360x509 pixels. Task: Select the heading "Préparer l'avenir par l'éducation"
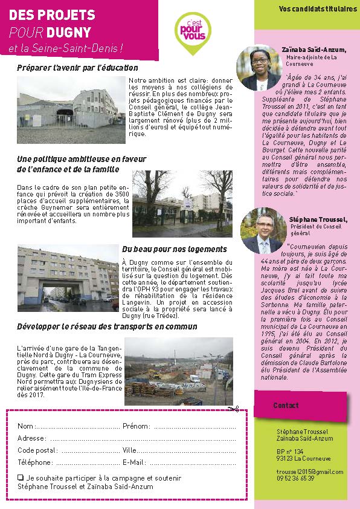click(x=78, y=68)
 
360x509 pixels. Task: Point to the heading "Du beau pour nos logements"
click(x=175, y=249)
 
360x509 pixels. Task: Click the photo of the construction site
click(x=178, y=371)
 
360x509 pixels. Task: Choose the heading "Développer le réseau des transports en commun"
click(x=108, y=326)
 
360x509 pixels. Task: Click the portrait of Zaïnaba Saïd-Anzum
click(x=255, y=67)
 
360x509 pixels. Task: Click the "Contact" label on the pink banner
click(x=286, y=405)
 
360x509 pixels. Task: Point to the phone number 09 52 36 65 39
click(x=295, y=478)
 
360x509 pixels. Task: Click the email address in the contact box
click(x=310, y=472)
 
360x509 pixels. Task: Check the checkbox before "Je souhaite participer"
click(x=21, y=478)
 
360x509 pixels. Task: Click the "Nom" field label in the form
click(x=25, y=426)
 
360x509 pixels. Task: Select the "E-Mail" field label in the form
click(x=134, y=462)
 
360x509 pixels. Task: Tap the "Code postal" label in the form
click(x=37, y=450)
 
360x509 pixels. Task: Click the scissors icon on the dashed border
click(x=234, y=409)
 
